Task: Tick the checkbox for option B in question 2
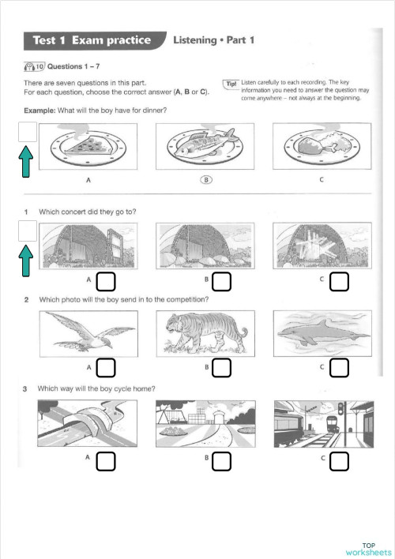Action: (222, 368)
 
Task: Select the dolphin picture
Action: (320, 332)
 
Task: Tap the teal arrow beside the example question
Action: (26, 166)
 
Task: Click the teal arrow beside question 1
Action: (26, 261)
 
